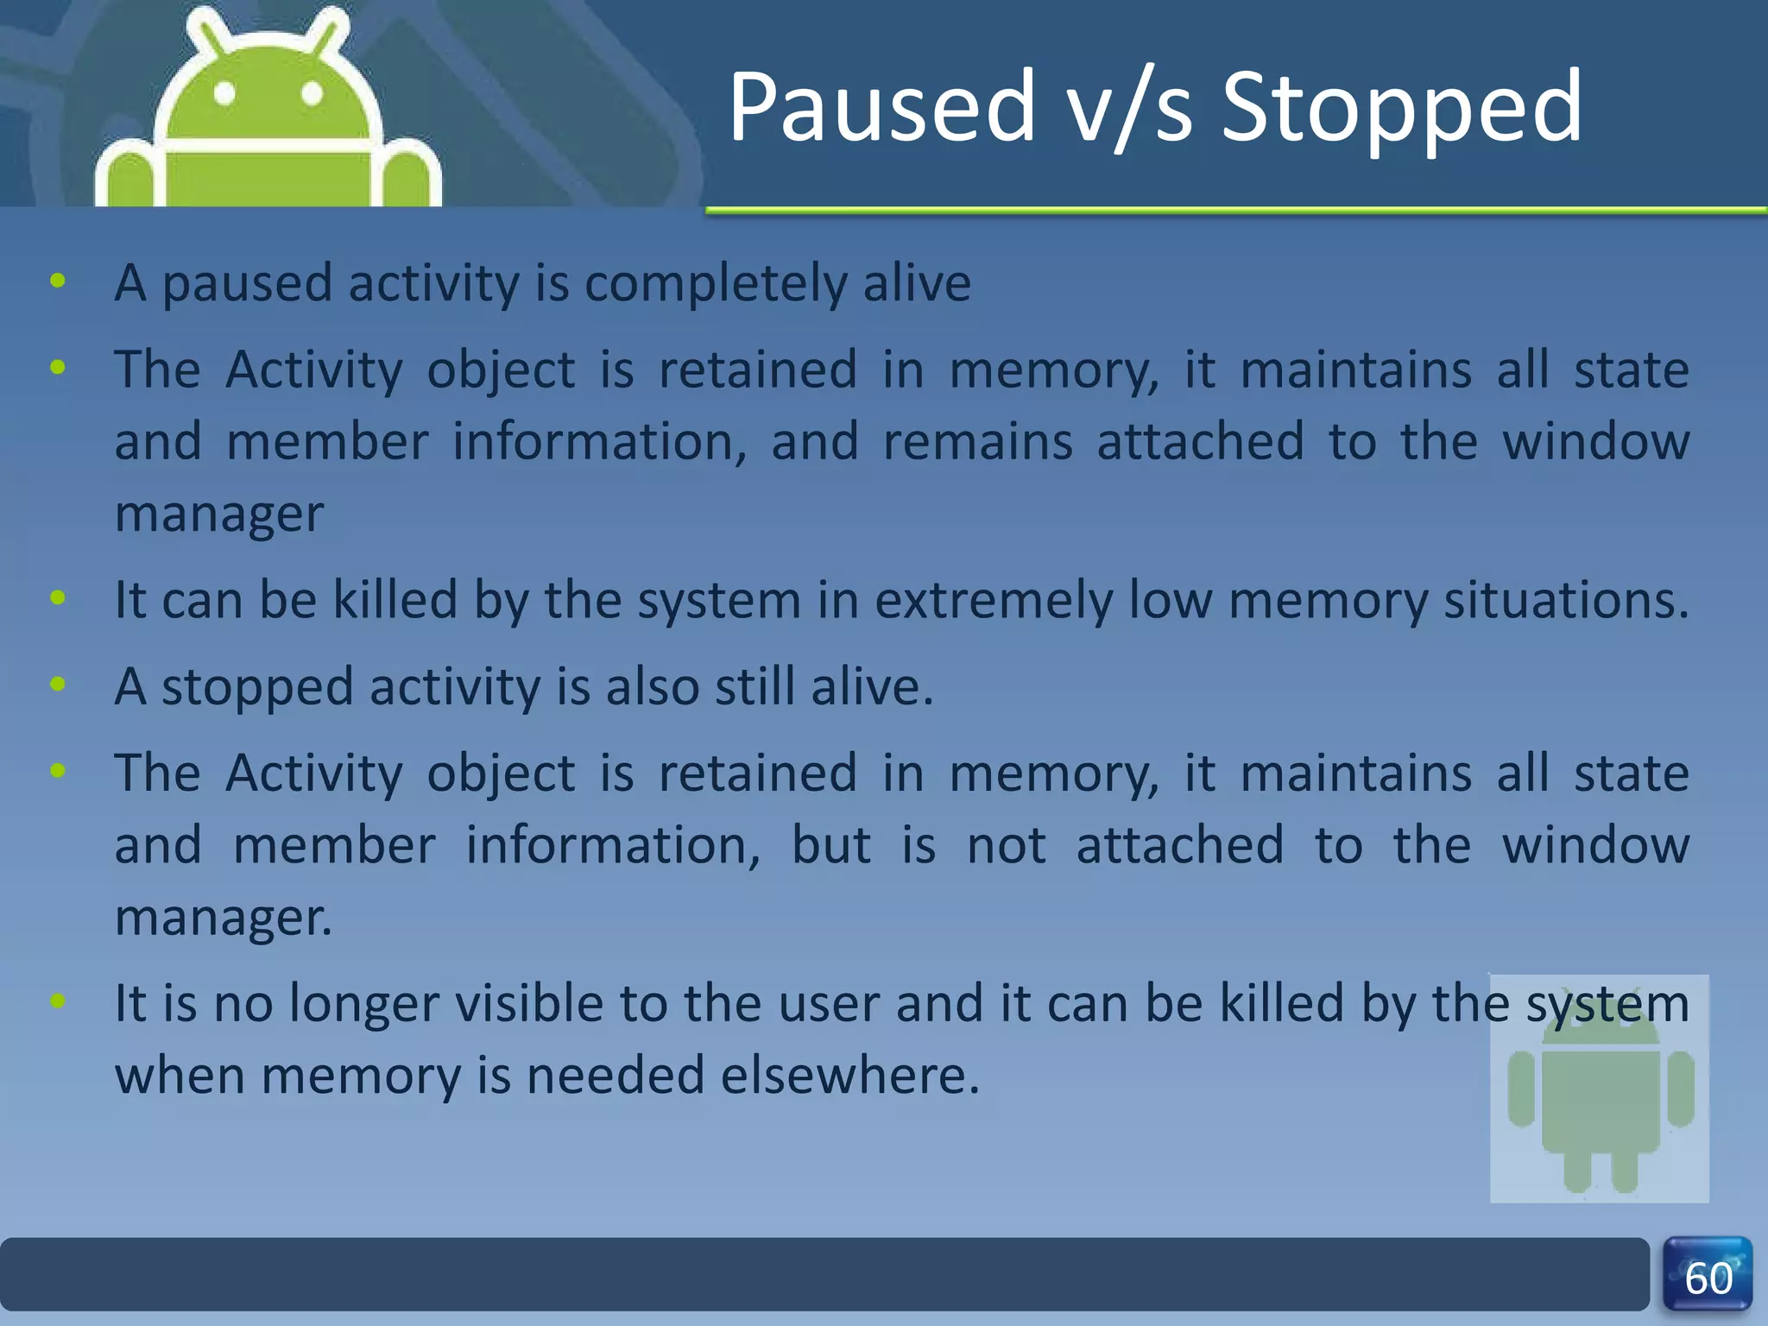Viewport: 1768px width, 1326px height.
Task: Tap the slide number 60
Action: (1708, 1278)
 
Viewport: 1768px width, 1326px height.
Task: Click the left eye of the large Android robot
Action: (224, 93)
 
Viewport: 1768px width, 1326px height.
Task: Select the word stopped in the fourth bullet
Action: (257, 687)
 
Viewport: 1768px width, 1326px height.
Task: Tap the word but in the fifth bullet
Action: (830, 845)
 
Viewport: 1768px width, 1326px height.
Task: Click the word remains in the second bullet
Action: (977, 442)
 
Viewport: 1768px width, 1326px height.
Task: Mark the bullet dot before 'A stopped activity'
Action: (58, 685)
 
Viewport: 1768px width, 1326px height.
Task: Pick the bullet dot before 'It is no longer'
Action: (58, 1001)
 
